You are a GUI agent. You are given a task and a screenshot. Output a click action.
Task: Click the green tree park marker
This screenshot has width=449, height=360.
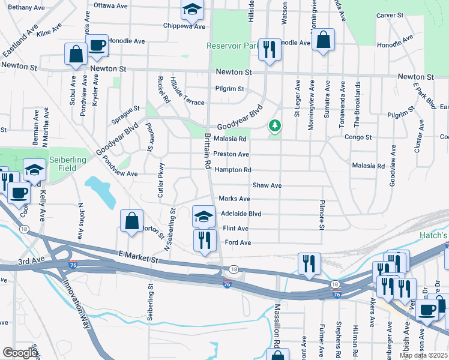pos(275,126)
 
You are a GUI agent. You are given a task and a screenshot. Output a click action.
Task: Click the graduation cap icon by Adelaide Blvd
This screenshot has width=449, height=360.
pos(204,216)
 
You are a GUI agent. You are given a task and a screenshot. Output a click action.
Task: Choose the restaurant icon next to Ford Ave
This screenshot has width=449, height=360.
pos(205,240)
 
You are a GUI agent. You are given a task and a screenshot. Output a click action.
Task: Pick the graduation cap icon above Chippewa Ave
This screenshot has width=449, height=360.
pos(192,8)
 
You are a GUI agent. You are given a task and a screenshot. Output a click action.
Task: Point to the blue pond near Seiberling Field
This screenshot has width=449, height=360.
pos(101,192)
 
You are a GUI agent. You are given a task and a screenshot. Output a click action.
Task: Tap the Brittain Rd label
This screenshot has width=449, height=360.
pos(205,151)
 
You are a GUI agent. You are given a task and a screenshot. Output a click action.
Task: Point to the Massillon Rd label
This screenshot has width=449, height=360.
pos(277,325)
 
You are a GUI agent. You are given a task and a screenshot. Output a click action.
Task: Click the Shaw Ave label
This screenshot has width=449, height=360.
pos(267,186)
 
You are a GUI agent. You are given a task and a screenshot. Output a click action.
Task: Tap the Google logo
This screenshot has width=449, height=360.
pos(20,353)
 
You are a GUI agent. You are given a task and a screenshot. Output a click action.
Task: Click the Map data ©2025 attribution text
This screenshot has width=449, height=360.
pos(423,355)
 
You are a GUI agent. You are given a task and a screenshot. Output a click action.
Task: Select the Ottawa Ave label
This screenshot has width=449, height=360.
pos(110,6)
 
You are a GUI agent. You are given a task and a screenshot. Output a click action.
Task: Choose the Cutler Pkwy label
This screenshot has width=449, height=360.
pos(160,180)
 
